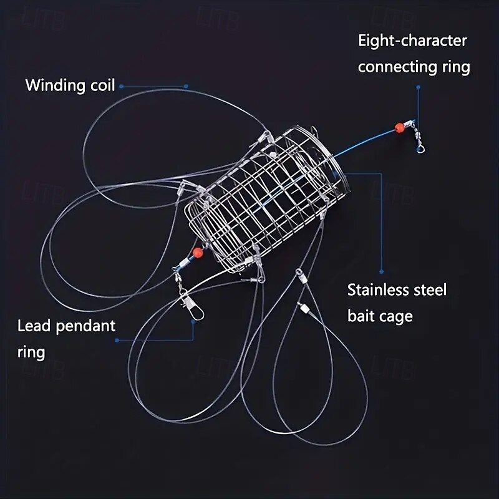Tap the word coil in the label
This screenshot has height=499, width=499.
click(99, 85)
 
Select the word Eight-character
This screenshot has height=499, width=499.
click(412, 41)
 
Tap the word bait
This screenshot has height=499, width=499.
click(362, 316)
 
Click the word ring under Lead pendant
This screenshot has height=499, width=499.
click(31, 352)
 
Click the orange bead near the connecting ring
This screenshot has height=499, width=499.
click(399, 128)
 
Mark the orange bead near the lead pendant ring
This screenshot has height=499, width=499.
click(198, 253)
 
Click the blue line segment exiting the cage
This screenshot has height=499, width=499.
click(368, 141)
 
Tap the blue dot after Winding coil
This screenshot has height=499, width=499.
click(121, 86)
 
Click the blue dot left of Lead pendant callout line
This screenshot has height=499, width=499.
click(116, 341)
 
